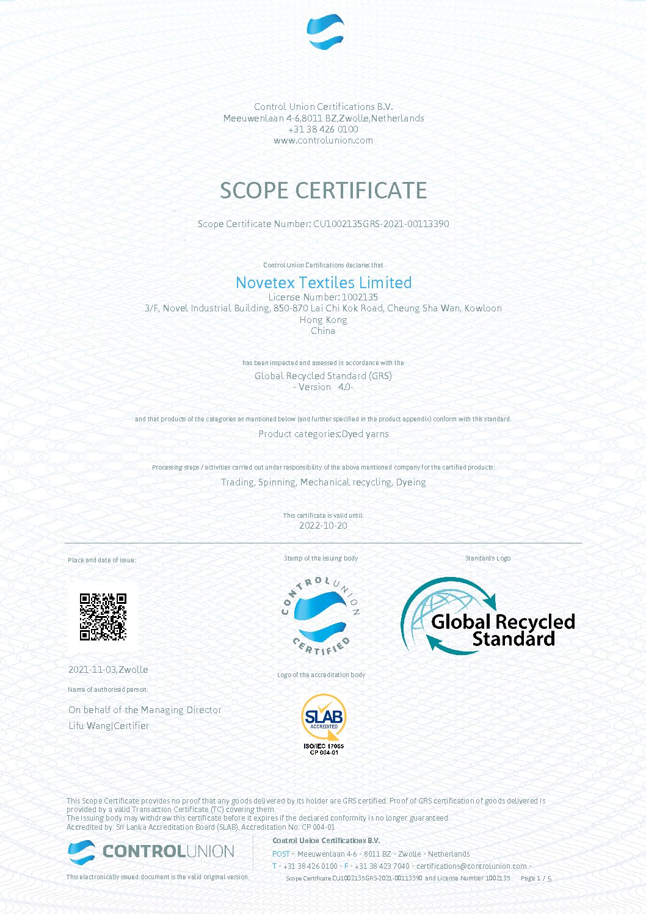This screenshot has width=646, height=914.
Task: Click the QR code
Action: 103,617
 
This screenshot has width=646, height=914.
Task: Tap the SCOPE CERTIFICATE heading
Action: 323,190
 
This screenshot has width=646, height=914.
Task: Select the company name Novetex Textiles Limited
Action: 324,283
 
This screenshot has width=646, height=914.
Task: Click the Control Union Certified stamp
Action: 321,615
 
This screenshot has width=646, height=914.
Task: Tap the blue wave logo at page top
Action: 325,32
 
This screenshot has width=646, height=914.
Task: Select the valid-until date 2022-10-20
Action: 323,526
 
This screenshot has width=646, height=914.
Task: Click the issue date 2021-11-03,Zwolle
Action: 108,670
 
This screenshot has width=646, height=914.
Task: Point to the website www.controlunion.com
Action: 323,140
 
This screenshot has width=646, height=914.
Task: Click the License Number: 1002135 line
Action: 323,297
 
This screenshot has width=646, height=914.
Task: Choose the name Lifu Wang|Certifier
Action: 109,726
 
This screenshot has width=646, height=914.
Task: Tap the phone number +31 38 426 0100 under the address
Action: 323,129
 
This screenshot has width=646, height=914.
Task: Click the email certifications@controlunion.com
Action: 471,866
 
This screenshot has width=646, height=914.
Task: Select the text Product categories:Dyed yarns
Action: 323,434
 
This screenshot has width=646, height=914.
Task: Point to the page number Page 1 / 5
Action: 535,879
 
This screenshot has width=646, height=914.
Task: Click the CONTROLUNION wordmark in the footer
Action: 168,851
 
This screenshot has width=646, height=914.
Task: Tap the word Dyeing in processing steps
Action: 411,482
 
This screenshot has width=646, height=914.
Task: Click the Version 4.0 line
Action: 323,387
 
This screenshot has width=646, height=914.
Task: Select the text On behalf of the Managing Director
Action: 145,710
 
